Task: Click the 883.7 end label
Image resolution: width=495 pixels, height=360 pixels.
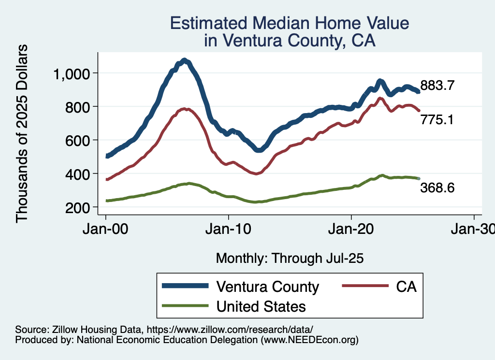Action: tap(437, 86)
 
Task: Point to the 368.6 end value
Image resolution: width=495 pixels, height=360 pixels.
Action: tap(437, 187)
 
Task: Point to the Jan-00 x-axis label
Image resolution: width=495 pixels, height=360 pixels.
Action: tap(106, 229)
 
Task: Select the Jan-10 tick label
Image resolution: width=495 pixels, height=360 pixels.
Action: tap(229, 229)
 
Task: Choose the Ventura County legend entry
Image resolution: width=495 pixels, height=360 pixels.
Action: tap(268, 287)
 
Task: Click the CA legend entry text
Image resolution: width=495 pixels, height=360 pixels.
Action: tap(406, 287)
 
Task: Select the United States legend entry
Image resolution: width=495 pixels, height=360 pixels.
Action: tap(261, 306)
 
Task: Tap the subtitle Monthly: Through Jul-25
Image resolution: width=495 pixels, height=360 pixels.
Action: tap(290, 258)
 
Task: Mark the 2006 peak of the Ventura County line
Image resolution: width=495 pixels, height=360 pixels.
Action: tap(184, 60)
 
